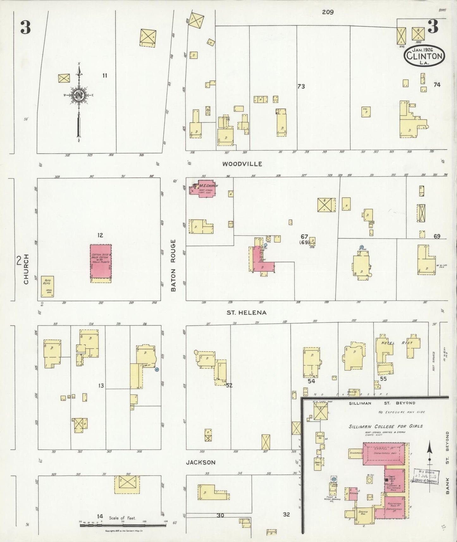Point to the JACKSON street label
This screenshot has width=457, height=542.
click(x=201, y=462)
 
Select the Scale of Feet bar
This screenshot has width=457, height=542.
click(x=123, y=525)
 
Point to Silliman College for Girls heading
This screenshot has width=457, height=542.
click(x=386, y=426)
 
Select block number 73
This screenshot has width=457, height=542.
click(x=301, y=86)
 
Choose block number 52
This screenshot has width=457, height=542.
click(x=229, y=385)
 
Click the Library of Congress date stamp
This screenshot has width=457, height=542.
click(x=426, y=476)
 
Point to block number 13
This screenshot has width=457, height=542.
click(x=101, y=385)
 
